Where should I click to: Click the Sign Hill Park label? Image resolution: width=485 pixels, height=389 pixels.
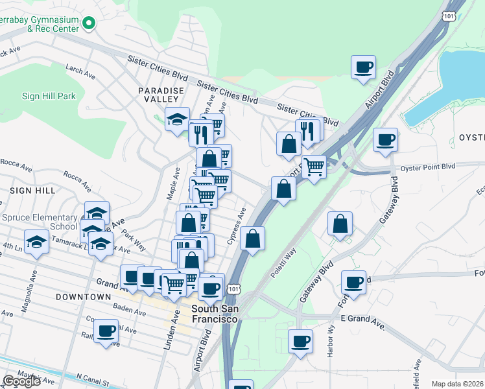coord(49,97)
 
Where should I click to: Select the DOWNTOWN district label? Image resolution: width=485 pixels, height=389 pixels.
coord(83,297)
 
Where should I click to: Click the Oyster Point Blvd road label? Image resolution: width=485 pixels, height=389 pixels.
coord(428,167)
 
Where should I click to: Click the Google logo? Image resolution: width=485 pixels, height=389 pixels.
coord(22,381)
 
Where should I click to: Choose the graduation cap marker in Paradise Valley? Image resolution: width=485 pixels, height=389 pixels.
coord(177,119)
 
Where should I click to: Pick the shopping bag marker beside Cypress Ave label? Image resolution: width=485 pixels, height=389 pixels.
coord(253,237)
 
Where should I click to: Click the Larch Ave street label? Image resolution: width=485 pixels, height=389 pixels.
coord(80,73)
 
